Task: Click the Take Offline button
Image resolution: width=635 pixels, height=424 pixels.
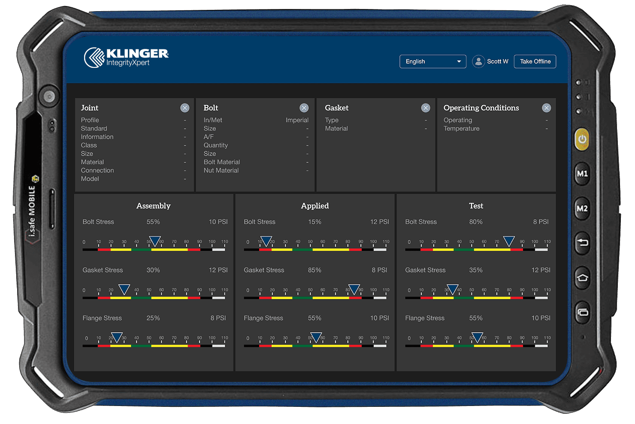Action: coord(535,61)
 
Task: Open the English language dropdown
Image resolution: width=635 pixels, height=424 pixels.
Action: coord(432,61)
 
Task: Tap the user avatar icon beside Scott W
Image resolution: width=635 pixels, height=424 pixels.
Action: coord(478,61)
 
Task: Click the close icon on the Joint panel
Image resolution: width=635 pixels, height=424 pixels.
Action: coord(184,108)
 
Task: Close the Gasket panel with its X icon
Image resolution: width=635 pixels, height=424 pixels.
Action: coord(425,108)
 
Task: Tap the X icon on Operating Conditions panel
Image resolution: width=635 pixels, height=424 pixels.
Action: coord(546,108)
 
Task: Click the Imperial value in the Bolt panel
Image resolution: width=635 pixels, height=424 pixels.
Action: coord(297,120)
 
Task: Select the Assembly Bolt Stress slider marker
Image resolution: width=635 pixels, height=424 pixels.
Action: coord(154,241)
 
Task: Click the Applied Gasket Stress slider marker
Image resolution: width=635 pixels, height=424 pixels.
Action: coord(354,289)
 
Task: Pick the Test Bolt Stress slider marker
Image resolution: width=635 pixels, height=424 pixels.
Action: coord(509,241)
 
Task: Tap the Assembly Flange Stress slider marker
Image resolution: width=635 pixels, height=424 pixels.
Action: coord(117,337)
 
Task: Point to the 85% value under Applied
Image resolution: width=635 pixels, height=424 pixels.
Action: coord(314,270)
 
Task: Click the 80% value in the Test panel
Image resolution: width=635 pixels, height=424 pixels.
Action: coord(476,222)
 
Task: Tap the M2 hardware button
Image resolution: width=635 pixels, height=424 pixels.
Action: coord(582,209)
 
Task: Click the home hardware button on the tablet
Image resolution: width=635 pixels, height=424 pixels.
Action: coord(582,278)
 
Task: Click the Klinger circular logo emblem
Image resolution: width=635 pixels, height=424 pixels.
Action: coord(94,58)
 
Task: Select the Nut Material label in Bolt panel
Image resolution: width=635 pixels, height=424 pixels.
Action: coord(221,170)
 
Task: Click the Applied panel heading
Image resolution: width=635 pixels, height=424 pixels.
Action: coord(314,206)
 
